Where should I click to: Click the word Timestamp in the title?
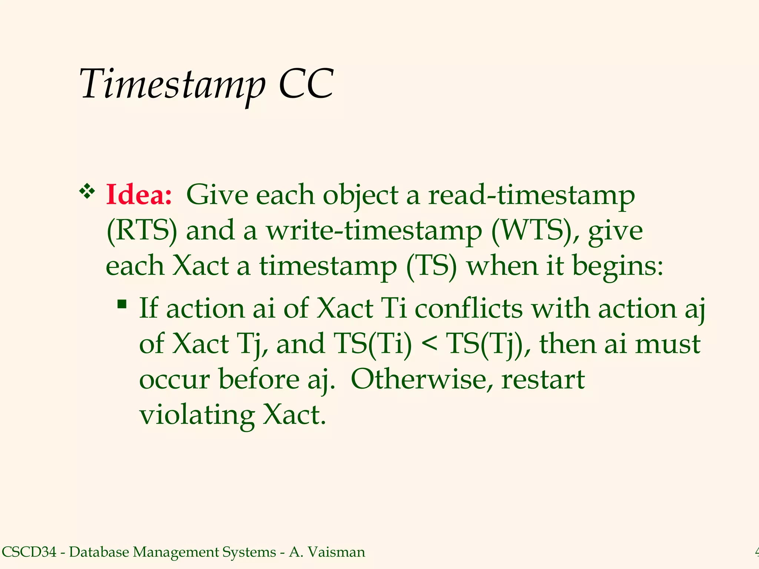[x=172, y=84]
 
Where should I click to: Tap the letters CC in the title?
[x=306, y=84]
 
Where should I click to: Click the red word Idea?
[x=139, y=195]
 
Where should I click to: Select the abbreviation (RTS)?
[x=142, y=230]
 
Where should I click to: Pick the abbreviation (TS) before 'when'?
[x=431, y=266]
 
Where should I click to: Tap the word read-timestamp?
[x=531, y=196]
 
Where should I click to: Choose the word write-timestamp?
[x=374, y=230]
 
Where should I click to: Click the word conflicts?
[x=468, y=308]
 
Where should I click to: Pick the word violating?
[x=197, y=415]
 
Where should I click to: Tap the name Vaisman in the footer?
[x=336, y=552]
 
